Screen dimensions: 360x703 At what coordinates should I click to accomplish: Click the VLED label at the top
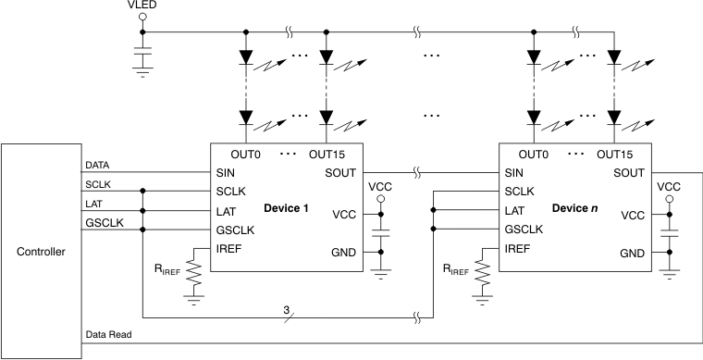pos(142,7)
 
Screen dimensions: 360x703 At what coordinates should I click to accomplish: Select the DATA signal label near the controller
pos(98,164)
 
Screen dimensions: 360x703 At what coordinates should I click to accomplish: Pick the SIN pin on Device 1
pos(225,172)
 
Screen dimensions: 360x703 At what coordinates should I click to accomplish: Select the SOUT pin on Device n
pos(629,172)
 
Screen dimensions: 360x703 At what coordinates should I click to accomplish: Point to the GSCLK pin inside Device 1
pos(235,230)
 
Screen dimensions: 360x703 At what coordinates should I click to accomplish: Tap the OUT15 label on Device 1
pos(331,155)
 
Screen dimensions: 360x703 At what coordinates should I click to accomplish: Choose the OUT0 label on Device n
pos(534,155)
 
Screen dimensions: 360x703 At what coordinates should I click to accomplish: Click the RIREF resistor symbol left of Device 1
pos(194,273)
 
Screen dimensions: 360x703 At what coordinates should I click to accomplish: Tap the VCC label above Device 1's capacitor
pos(379,187)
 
